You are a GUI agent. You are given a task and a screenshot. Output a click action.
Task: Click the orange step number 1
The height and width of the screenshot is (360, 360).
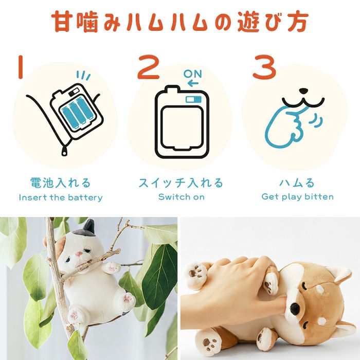[x=21, y=67]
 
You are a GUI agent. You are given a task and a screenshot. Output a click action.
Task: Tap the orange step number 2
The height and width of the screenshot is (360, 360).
[x=149, y=67]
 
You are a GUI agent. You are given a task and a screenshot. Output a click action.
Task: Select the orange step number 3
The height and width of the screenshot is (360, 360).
[x=264, y=67]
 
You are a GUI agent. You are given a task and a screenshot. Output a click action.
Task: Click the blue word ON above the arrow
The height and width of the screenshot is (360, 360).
[x=193, y=74]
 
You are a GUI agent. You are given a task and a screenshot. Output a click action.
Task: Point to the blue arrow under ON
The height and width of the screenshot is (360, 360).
[x=193, y=83]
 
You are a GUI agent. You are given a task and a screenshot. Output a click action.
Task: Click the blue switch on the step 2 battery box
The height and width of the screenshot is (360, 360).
[x=193, y=99]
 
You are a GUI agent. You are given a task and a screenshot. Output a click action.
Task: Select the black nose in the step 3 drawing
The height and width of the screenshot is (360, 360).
[x=303, y=91]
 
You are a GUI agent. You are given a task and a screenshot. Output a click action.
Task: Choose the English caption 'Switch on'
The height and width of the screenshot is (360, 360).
[x=182, y=197]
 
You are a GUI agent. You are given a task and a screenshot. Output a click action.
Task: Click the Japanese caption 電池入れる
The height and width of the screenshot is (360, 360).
[x=61, y=183]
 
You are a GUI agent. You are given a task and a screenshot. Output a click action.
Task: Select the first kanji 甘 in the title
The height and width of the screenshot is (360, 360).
[x=61, y=22]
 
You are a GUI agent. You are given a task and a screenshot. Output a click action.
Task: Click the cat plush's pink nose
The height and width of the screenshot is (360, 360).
[x=79, y=254]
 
